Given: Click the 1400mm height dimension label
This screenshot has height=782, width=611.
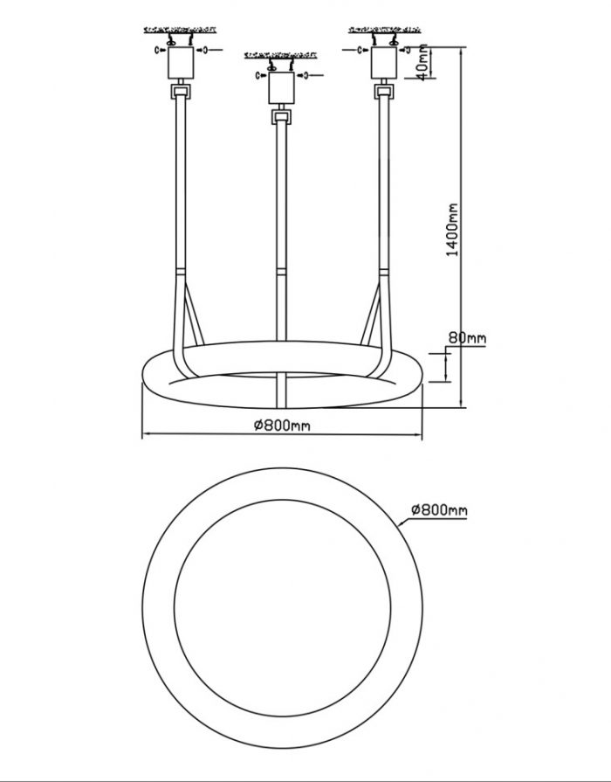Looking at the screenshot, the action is (x=452, y=230).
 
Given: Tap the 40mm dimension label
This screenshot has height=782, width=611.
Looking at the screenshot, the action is (x=422, y=62).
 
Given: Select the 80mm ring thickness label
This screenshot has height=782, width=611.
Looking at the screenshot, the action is (x=467, y=338).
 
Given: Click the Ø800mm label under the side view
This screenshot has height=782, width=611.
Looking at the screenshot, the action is (x=282, y=426).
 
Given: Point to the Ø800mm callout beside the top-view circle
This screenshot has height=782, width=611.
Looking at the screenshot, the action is (x=439, y=509).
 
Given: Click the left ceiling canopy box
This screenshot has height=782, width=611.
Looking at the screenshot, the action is (x=181, y=63).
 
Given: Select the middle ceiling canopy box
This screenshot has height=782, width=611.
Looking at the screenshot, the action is (x=282, y=88).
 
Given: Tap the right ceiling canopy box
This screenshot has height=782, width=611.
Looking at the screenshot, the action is (x=384, y=63).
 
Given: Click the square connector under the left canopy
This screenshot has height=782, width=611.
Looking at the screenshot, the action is (x=181, y=92).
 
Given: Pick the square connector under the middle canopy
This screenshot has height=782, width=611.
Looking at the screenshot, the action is (x=282, y=117).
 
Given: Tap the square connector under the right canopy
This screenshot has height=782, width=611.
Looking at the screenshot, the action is (x=384, y=92).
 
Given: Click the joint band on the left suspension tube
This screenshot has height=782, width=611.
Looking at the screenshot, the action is (x=180, y=272).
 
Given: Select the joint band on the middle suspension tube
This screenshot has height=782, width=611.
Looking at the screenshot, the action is (x=282, y=272).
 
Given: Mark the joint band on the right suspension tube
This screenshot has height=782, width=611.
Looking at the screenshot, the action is (x=384, y=272).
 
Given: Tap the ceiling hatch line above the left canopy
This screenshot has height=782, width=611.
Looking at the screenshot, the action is (x=181, y=30).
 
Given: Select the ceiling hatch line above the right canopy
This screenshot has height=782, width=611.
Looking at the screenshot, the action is (x=384, y=30).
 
